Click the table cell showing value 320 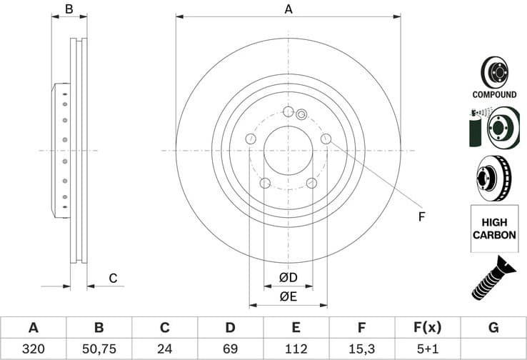pyautogui.click(x=33, y=349)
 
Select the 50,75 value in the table pyautogui.click(x=99, y=349)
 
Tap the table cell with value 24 pyautogui.click(x=164, y=349)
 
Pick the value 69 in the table pyautogui.click(x=230, y=349)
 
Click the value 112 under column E pyautogui.click(x=296, y=349)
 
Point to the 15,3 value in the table pyautogui.click(x=361, y=349)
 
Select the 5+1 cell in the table pyautogui.click(x=427, y=349)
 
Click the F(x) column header pyautogui.click(x=427, y=328)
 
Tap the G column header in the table pyautogui.click(x=493, y=328)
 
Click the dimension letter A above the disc pyautogui.click(x=288, y=9)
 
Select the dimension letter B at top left pyautogui.click(x=69, y=9)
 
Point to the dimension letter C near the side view pyautogui.click(x=112, y=279)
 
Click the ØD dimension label pyautogui.click(x=288, y=277)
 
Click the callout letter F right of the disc pyautogui.click(x=421, y=216)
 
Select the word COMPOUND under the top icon pyautogui.click(x=494, y=94)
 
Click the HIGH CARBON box pyautogui.click(x=494, y=229)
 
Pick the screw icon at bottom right pyautogui.click(x=494, y=278)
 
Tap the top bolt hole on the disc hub pyautogui.click(x=288, y=112)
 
